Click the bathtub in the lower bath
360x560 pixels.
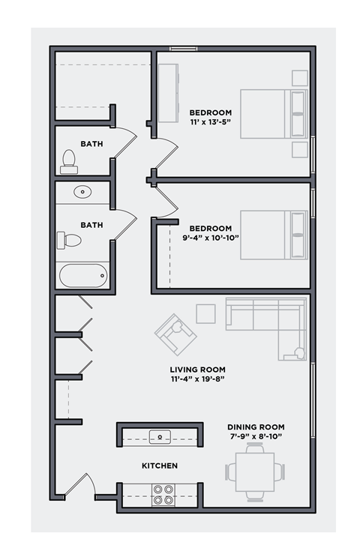[x=83, y=275]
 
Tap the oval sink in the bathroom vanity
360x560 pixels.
[x=82, y=193]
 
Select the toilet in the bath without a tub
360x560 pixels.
[x=69, y=161]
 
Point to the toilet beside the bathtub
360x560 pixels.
[x=70, y=240]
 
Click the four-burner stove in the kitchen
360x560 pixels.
[x=163, y=494]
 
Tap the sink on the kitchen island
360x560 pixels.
[x=160, y=436]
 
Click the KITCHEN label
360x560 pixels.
[x=160, y=466]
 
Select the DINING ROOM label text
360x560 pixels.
[x=256, y=427]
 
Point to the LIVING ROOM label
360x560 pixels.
[x=197, y=370]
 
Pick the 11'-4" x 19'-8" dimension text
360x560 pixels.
[x=197, y=379]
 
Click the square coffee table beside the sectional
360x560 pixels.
[x=205, y=313]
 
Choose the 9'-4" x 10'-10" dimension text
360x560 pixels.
[x=210, y=238]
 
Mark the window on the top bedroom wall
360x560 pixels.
[x=183, y=49]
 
